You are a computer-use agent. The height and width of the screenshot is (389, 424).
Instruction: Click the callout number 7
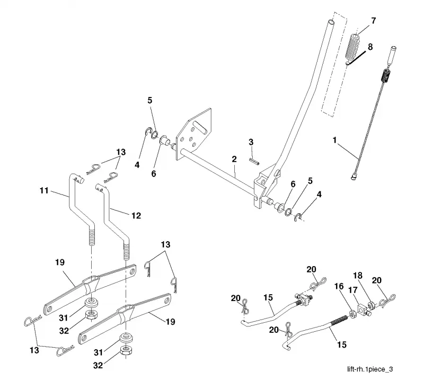coord(374,21)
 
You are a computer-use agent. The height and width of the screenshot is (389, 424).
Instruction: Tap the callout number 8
coord(370,47)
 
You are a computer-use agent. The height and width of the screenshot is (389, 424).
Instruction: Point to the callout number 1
coord(335,140)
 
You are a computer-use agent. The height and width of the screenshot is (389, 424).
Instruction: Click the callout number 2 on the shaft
coord(234,159)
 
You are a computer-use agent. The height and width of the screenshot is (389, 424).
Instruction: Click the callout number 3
coord(251,142)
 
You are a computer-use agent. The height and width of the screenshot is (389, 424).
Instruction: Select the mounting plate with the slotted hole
coord(193,135)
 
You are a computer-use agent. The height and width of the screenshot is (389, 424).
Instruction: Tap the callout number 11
coord(44,191)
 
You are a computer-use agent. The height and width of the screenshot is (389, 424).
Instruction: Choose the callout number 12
coord(136,216)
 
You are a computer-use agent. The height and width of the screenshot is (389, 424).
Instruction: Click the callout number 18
coord(358,276)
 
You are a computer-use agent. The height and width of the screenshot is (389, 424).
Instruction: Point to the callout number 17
coord(352,290)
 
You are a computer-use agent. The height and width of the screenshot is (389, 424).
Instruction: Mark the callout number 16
coord(339,286)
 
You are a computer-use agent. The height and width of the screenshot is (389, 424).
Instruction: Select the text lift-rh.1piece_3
coord(370,369)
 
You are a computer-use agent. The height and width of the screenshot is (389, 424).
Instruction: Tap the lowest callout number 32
coord(98,366)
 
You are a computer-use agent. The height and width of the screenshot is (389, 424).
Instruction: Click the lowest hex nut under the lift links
coord(126,350)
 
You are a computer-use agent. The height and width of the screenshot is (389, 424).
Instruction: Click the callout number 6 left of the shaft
coord(153,174)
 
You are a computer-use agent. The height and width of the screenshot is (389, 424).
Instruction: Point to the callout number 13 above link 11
coord(121,152)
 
